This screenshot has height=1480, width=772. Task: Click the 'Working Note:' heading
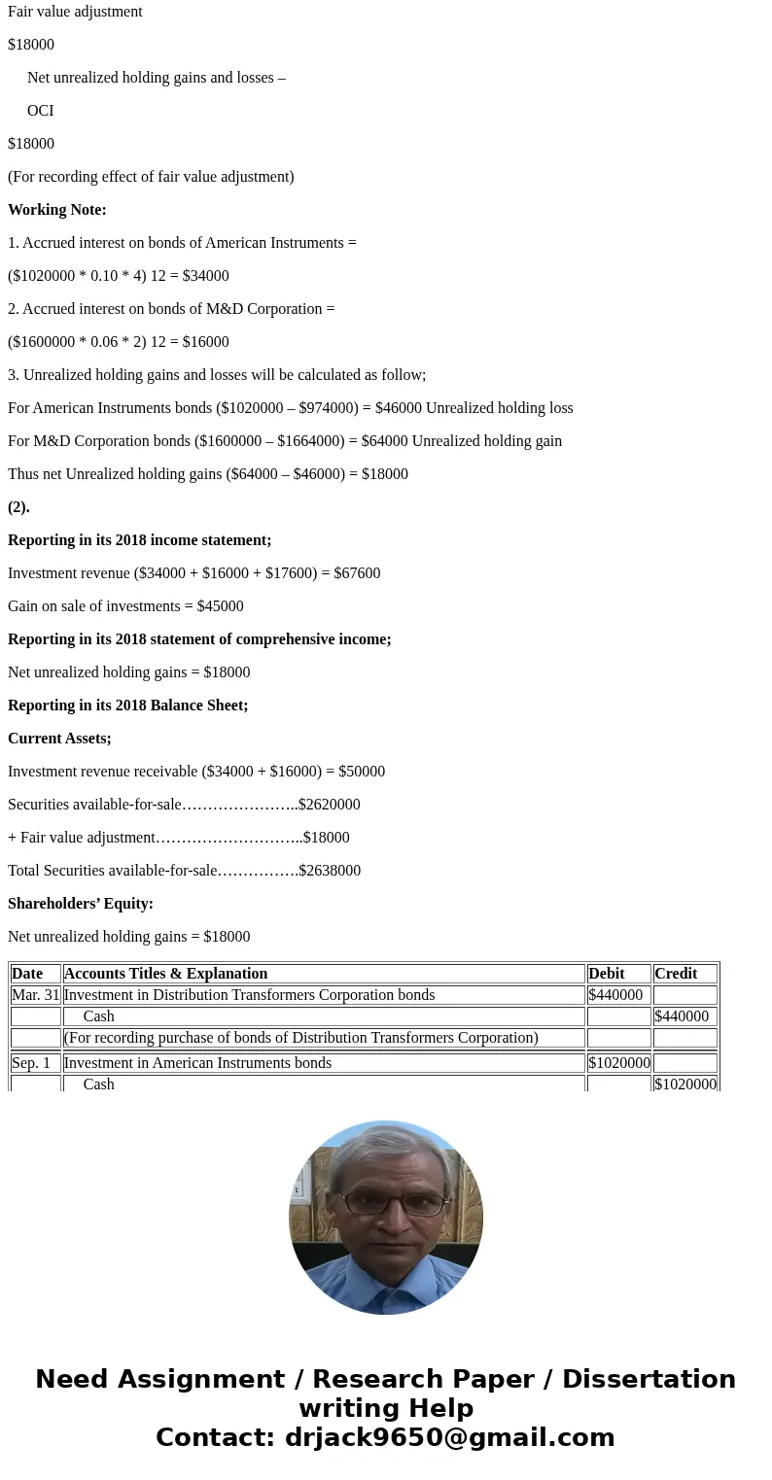pyautogui.click(x=57, y=210)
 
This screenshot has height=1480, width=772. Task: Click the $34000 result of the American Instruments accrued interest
pyautogui.click(x=205, y=276)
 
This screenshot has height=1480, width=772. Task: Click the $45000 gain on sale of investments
pyautogui.click(x=220, y=606)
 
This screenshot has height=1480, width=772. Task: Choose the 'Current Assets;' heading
pyautogui.click(x=59, y=739)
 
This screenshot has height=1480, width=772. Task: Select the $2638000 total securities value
pyautogui.click(x=330, y=871)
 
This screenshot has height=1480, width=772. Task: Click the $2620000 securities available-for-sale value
pyautogui.click(x=330, y=805)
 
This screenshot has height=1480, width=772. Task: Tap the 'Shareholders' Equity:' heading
pyautogui.click(x=81, y=904)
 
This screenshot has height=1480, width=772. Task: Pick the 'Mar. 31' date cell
pyautogui.click(x=36, y=995)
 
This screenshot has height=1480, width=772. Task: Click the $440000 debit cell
pyautogui.click(x=615, y=995)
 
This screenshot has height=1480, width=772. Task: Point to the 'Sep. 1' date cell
pyautogui.click(x=31, y=1063)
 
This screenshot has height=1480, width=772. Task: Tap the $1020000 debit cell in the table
pyautogui.click(x=619, y=1063)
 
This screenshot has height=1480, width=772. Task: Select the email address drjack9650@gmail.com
pyautogui.click(x=449, y=1437)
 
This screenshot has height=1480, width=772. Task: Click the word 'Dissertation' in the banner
pyautogui.click(x=649, y=1379)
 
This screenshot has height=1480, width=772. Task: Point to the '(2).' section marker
pyautogui.click(x=18, y=507)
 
